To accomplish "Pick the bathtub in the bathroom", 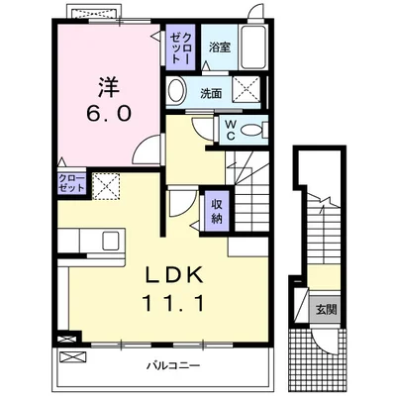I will coord(253,47).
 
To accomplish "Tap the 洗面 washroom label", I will coord(211,94).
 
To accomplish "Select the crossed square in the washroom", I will coord(245,91).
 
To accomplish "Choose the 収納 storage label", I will coord(217,211).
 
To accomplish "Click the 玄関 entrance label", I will coord(326,310).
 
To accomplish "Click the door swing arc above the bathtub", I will coord(257,15).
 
